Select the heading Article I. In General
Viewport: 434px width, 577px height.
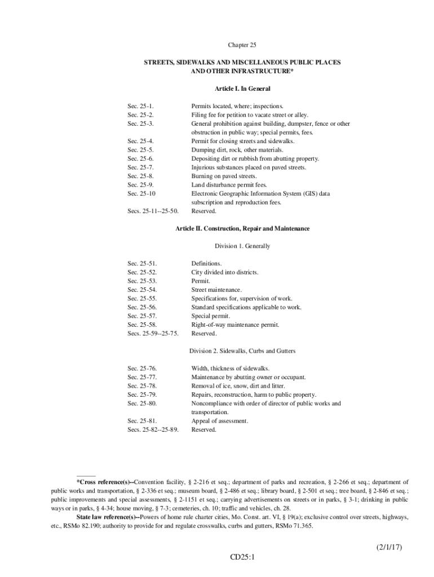pyautogui.click(x=242, y=89)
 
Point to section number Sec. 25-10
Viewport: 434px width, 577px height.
pyautogui.click(x=141, y=194)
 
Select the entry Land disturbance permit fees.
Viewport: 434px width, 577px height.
pyautogui.click(x=229, y=185)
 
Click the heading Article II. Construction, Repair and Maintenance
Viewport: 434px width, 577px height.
pyautogui.click(x=242, y=229)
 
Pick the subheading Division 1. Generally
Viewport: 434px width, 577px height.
pyautogui.click(x=242, y=246)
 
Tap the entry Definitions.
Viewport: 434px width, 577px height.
pyautogui.click(x=206, y=264)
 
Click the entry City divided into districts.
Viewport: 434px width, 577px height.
pyautogui.click(x=225, y=273)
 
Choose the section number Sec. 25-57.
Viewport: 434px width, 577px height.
pyautogui.click(x=142, y=316)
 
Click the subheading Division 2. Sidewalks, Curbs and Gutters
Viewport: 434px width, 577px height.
pyautogui.click(x=242, y=351)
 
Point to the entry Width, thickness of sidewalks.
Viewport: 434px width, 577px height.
pyautogui.click(x=230, y=369)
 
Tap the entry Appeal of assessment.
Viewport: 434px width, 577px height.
pyautogui.click(x=220, y=421)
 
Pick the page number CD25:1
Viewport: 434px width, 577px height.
pyautogui.click(x=242, y=557)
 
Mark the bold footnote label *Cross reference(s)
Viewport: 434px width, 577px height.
pyautogui.click(x=104, y=482)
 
